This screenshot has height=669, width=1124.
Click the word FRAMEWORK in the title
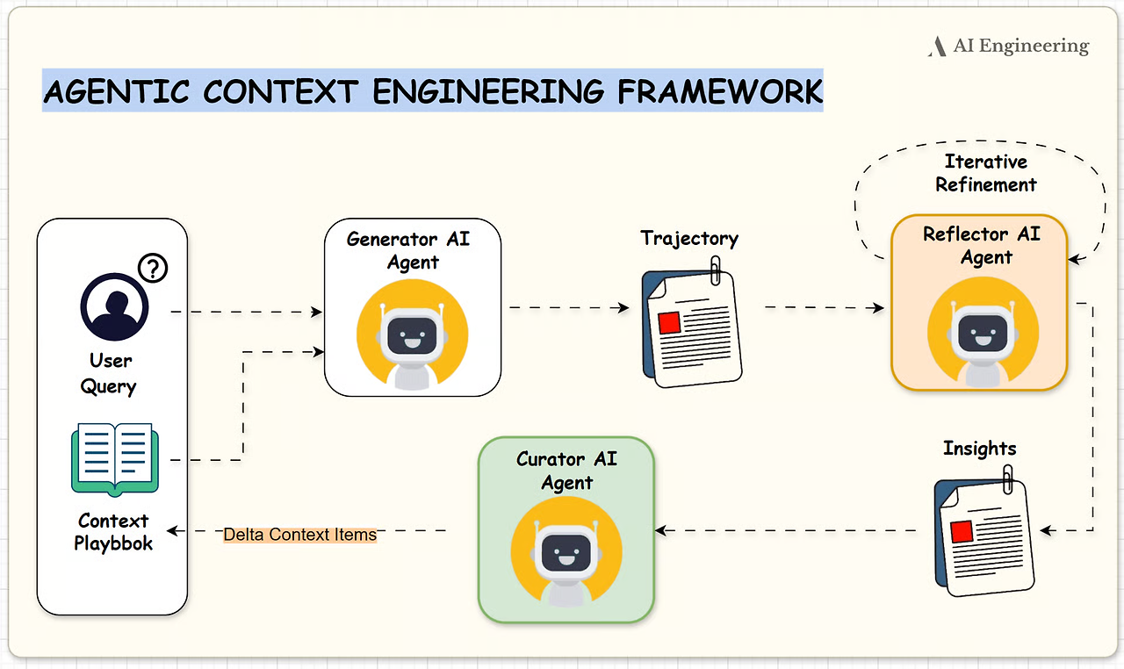coord(720,91)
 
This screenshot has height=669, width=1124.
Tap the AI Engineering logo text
coord(1021,46)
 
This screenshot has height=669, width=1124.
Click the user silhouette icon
coord(114,306)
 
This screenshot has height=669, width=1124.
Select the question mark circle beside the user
coord(153,269)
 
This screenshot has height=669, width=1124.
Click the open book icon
coord(115,460)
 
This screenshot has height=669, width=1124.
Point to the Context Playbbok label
coord(113,532)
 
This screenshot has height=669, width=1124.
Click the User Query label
coord(108,374)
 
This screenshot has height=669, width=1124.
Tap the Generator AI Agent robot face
coord(412,334)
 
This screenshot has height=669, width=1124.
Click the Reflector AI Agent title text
coord(982,245)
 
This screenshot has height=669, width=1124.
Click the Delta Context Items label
coord(299,535)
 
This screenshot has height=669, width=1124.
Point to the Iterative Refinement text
coord(986,173)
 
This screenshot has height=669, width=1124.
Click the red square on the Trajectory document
coord(669,323)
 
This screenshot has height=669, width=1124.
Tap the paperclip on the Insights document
coord(1007,479)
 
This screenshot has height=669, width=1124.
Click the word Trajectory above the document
coord(689,239)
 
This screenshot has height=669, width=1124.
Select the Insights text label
coord(979,449)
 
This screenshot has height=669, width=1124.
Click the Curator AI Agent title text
coord(567,471)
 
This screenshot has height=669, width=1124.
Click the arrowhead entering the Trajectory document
coord(623,307)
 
